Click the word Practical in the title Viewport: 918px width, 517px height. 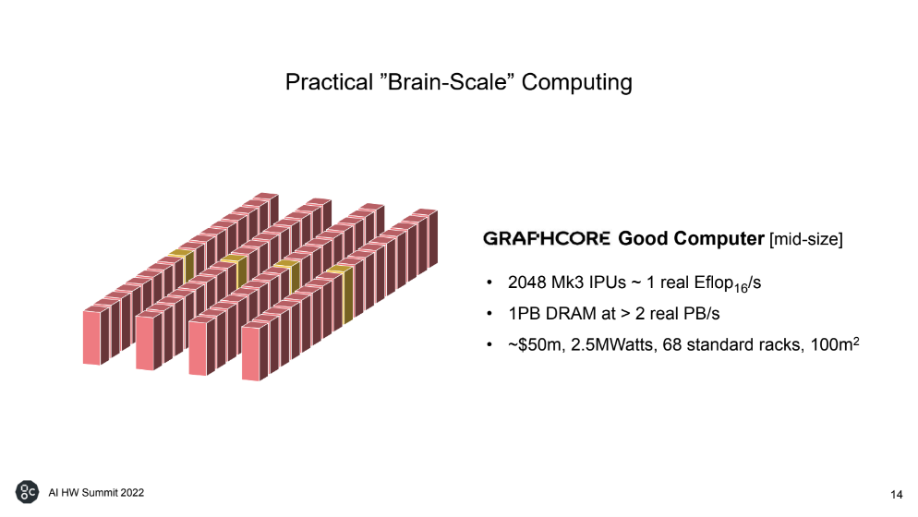click(x=329, y=82)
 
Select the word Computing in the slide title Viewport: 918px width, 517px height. click(x=576, y=82)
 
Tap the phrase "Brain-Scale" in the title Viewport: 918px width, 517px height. click(x=447, y=82)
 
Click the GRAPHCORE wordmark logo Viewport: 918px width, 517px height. click(x=546, y=238)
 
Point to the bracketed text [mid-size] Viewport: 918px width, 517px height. click(x=806, y=239)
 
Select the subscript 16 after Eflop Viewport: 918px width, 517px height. click(x=741, y=288)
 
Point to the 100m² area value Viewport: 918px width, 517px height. click(x=835, y=343)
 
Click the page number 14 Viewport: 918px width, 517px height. click(x=897, y=495)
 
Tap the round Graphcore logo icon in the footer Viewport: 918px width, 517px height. click(x=27, y=492)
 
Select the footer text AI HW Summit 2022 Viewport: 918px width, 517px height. click(x=96, y=492)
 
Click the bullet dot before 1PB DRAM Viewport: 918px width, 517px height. click(x=489, y=314)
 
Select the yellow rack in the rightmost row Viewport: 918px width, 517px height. click(x=343, y=293)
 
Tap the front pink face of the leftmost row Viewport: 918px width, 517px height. click(x=92, y=338)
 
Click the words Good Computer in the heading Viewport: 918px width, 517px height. click(x=691, y=238)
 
